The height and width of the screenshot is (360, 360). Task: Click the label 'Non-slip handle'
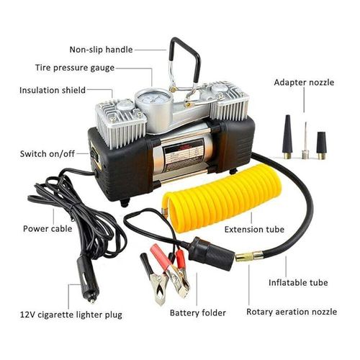[100, 50]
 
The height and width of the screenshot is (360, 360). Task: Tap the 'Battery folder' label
[198, 313]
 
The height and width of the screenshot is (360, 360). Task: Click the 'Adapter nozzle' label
[304, 83]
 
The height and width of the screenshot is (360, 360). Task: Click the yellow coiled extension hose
[209, 195]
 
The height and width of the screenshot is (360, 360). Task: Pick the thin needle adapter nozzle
[305, 142]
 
